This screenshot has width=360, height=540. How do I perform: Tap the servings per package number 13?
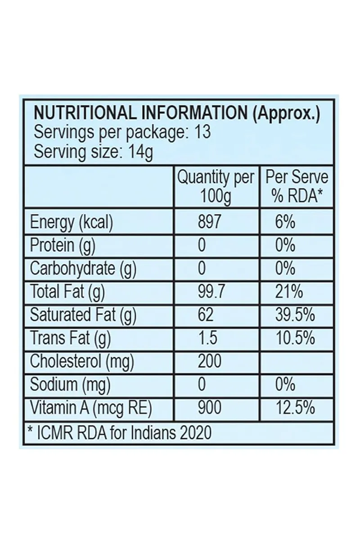coord(202,133)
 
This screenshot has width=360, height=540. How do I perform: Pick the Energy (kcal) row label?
coord(71,223)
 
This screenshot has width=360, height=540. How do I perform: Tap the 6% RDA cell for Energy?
coord(286,222)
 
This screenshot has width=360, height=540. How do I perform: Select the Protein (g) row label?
coord(63,246)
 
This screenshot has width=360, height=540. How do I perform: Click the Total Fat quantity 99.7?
coord(211,292)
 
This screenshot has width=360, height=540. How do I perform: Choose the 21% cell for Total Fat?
coord(289,292)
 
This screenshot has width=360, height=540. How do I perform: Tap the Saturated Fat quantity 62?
coord(206,315)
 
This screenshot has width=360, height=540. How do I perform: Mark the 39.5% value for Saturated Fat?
coord(295,315)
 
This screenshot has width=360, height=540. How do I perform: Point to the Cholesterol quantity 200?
coord(210,361)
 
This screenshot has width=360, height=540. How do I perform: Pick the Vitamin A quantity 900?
coord(210,408)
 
